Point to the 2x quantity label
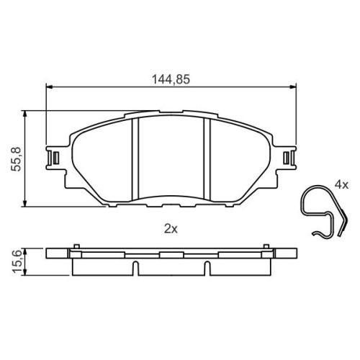tap(171, 229)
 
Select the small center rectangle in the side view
tap(171, 254)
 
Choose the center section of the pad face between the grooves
tap(171, 158)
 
